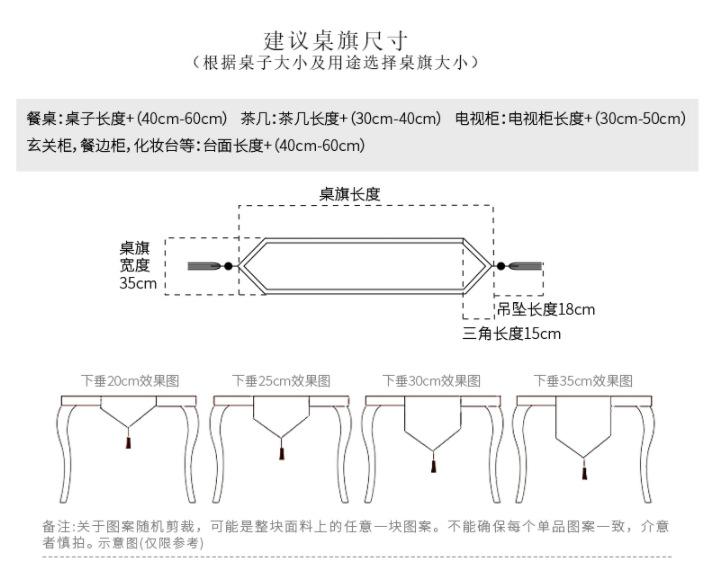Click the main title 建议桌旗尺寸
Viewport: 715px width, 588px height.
click(336, 41)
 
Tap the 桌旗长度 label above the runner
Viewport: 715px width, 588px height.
click(350, 194)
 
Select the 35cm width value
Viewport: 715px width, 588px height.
click(138, 283)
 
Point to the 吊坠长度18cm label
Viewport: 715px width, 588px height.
click(546, 309)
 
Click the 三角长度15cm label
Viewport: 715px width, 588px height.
click(512, 333)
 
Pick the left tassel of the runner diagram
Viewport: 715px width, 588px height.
click(205, 266)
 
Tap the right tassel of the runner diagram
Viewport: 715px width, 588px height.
click(525, 266)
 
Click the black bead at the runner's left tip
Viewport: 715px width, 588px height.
click(228, 266)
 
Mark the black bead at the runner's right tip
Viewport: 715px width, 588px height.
click(501, 266)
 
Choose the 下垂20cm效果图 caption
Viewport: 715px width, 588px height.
click(130, 381)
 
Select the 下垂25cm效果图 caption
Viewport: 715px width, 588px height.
click(281, 381)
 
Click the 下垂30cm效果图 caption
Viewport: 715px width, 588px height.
click(431, 381)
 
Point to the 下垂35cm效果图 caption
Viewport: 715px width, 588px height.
click(583, 381)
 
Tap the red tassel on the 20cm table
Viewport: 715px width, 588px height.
click(128, 442)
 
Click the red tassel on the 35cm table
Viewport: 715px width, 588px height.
click(584, 473)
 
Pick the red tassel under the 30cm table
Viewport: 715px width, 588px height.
click(433, 466)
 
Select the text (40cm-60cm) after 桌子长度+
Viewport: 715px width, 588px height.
click(181, 119)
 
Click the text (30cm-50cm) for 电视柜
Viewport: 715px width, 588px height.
click(640, 119)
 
